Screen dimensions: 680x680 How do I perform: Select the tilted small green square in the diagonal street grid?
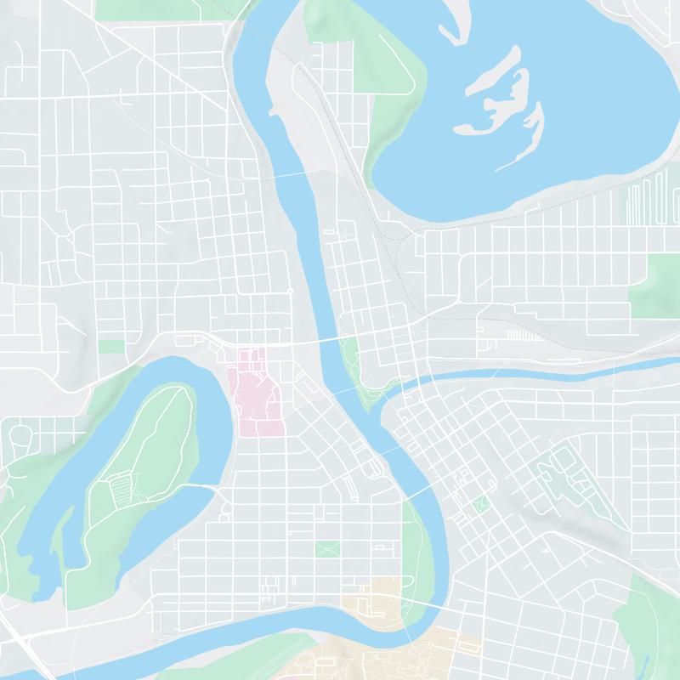482,504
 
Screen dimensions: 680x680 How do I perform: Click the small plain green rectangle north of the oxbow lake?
110,347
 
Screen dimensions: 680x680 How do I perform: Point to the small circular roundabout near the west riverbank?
290,292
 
